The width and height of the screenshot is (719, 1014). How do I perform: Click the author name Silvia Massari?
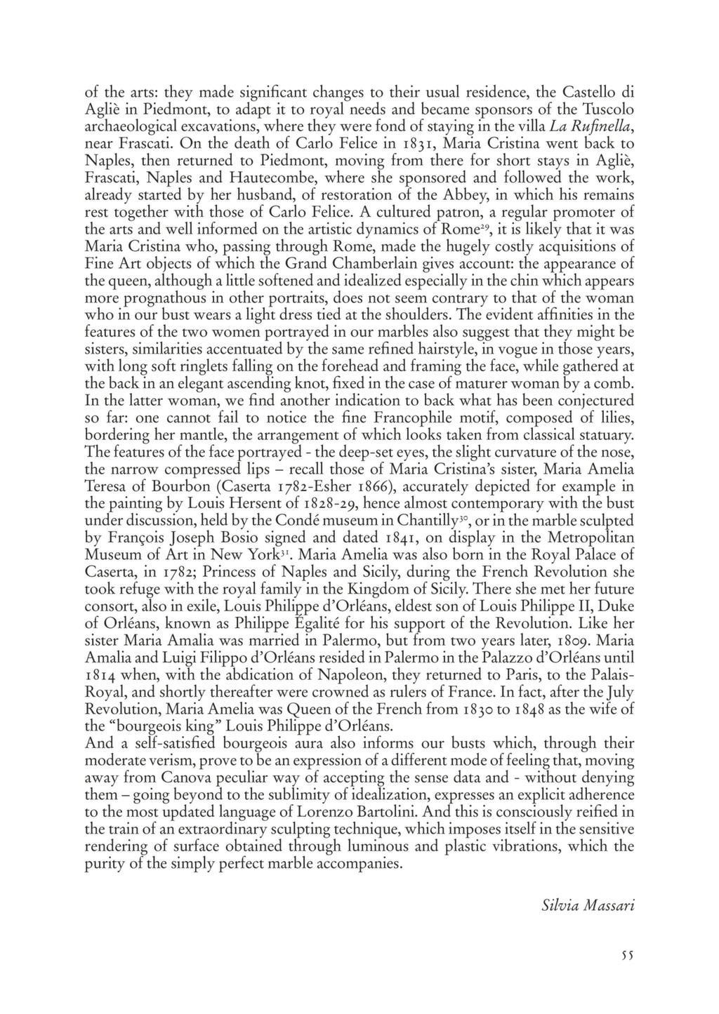point(588,905)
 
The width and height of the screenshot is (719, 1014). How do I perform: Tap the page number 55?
point(627,955)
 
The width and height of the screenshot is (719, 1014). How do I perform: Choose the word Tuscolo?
point(607,109)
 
